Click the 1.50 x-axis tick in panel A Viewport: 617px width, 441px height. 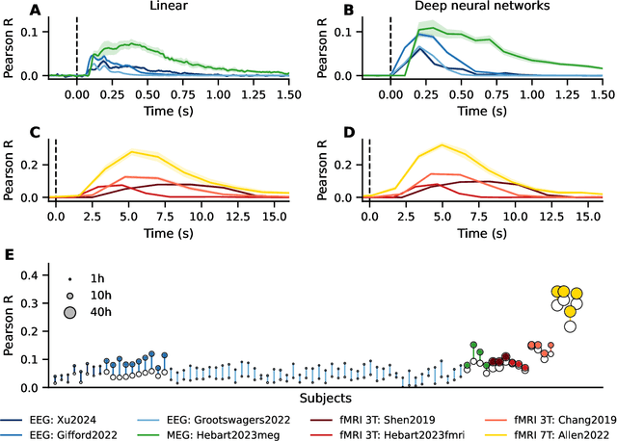pyautogui.click(x=290, y=96)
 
